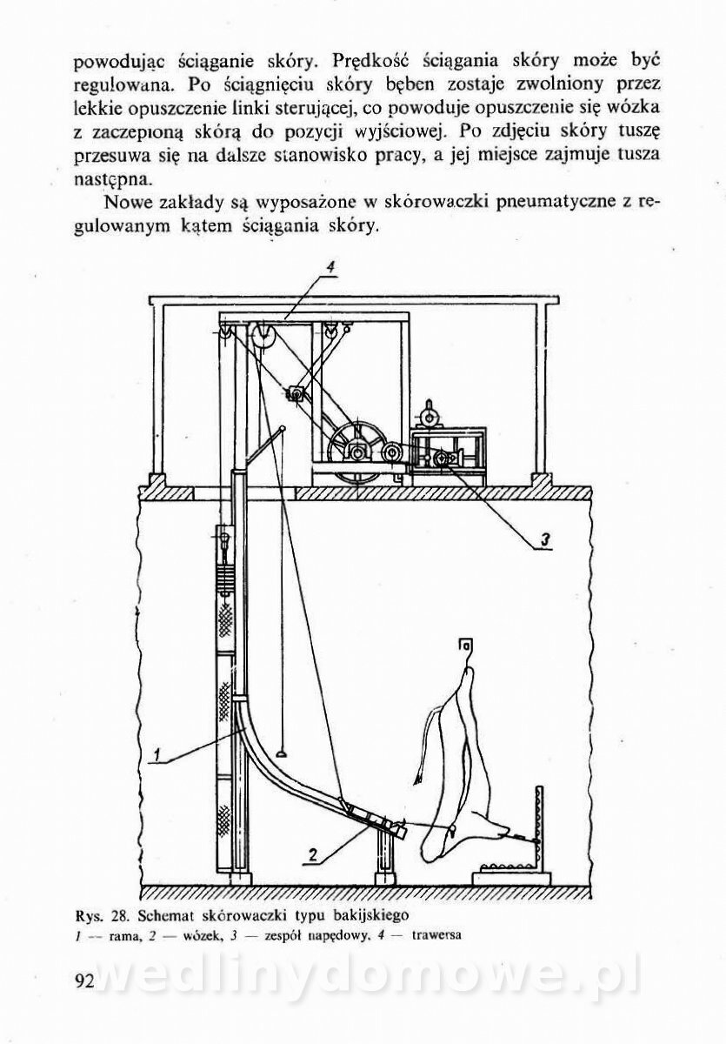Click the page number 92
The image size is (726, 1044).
tap(84, 981)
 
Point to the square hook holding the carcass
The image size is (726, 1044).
tap(465, 646)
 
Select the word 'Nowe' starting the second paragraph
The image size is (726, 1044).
tap(132, 204)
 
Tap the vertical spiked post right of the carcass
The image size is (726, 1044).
tap(539, 831)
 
